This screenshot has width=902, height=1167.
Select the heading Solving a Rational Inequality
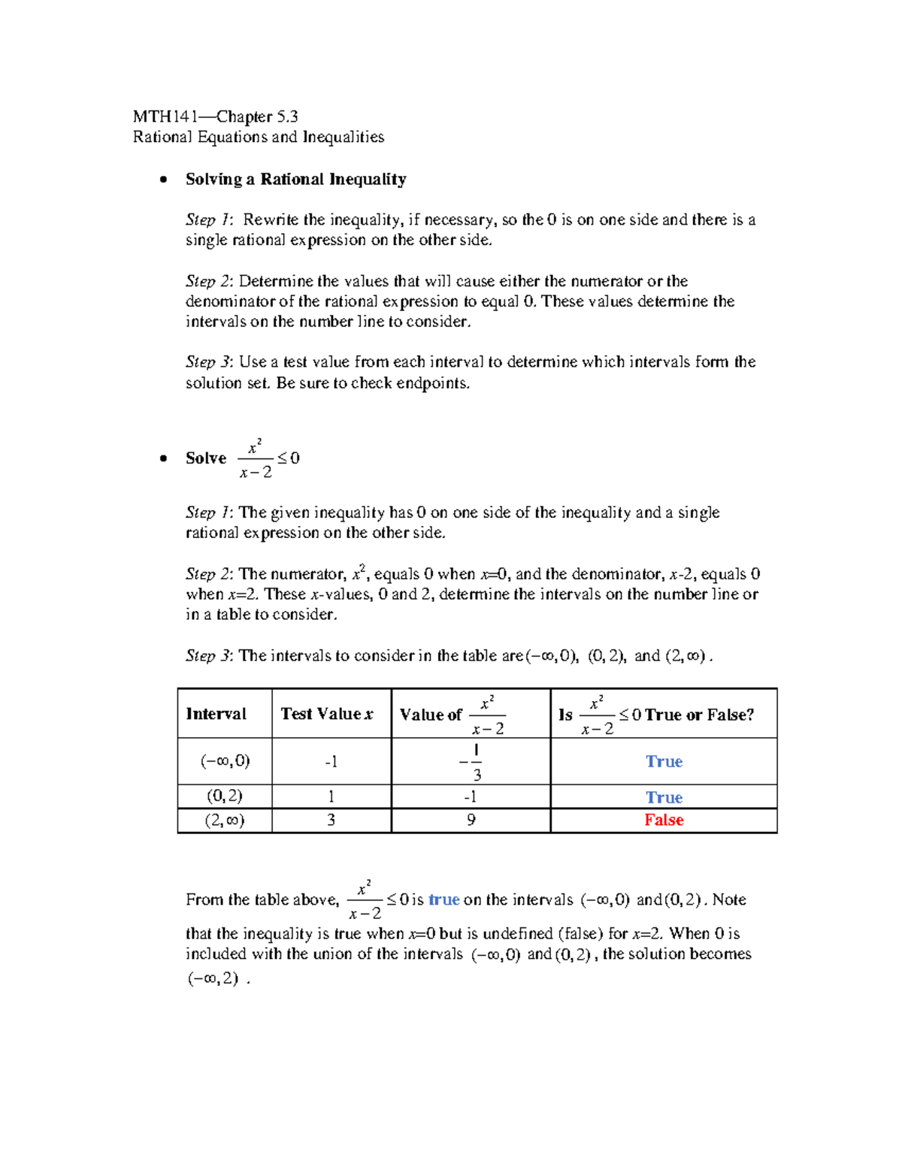[295, 179]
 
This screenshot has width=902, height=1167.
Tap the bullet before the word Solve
[163, 458]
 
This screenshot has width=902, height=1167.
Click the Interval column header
[216, 714]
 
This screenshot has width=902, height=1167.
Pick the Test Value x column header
[327, 714]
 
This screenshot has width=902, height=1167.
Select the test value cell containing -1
[331, 762]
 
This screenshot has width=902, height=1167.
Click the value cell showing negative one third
[471, 762]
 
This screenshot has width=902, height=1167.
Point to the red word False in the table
[664, 820]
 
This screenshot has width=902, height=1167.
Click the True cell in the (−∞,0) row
[664, 761]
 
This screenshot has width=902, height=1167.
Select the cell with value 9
[471, 820]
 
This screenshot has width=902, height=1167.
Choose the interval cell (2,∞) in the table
[225, 820]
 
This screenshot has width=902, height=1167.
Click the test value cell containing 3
[331, 820]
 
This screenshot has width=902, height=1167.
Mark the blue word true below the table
[443, 899]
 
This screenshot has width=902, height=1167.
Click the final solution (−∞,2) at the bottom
[213, 978]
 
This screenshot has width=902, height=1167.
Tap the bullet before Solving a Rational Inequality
[163, 180]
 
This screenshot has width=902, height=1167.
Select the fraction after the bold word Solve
[256, 458]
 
